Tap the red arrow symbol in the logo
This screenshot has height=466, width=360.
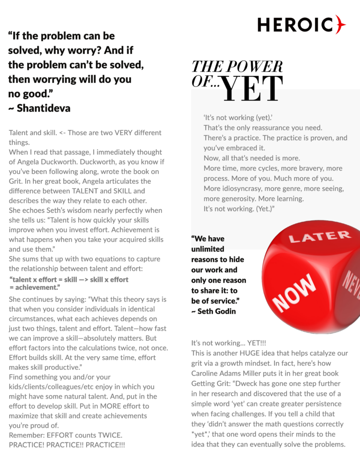coord(341,25)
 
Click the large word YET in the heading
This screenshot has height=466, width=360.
coord(252,89)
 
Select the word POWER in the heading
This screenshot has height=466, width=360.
coord(257,67)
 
